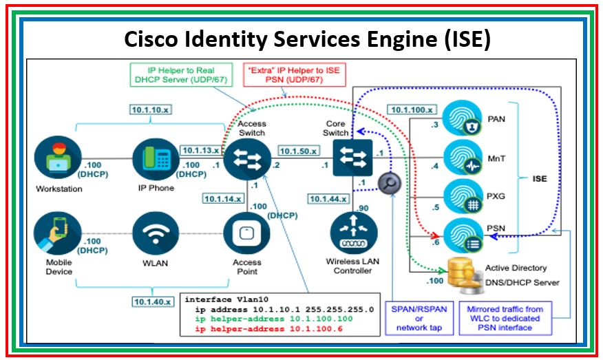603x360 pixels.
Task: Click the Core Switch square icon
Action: pyautogui.click(x=352, y=159)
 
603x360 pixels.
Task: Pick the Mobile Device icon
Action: pyautogui.click(x=57, y=233)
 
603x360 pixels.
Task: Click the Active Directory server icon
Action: pyautogui.click(x=463, y=273)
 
